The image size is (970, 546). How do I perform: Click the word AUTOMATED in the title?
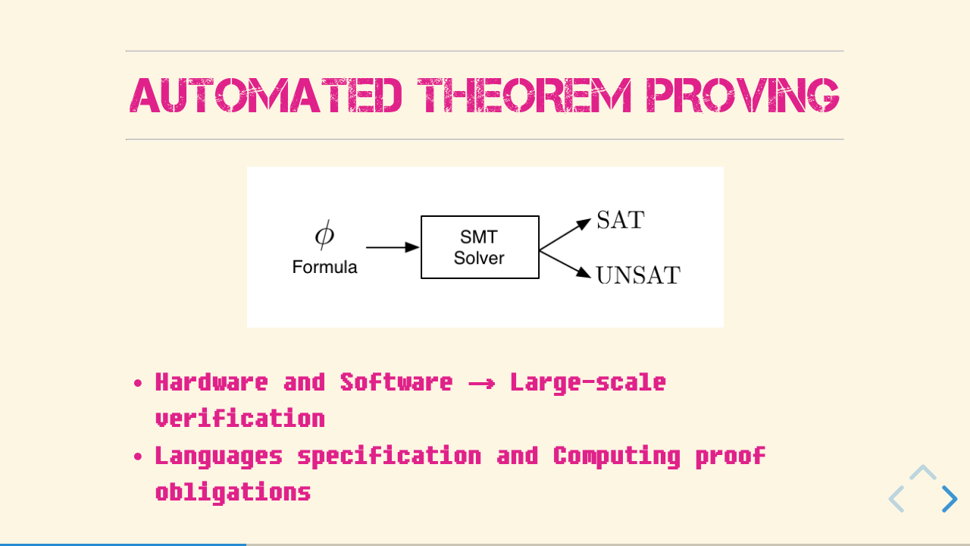pos(265,96)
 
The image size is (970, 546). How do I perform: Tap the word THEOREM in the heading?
pos(524,96)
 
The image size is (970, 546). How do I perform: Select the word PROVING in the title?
pos(743,96)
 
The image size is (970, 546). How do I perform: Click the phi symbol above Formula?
pos(324,235)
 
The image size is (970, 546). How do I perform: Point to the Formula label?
pos(325,267)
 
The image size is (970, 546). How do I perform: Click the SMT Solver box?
pos(480,247)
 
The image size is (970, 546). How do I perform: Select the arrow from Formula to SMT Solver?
pos(393,247)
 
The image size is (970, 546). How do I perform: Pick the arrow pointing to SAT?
pos(565,234)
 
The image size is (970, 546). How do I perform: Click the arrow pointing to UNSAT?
pos(565,265)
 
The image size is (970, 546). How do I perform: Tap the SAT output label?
pos(621,220)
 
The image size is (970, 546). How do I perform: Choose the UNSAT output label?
pos(638,275)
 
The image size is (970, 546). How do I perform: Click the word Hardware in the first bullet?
pos(211,382)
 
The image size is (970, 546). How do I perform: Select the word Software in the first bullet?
pos(396,382)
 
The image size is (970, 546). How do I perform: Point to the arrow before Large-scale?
pos(481,384)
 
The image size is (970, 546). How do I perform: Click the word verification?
pos(240,419)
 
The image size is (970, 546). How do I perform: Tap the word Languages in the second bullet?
pos(219,457)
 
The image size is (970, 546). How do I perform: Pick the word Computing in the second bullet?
pos(617,457)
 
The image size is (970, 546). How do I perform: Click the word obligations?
pos(233,493)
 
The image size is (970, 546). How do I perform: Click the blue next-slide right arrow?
pos(950,499)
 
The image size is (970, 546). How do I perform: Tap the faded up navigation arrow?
pos(923,472)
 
